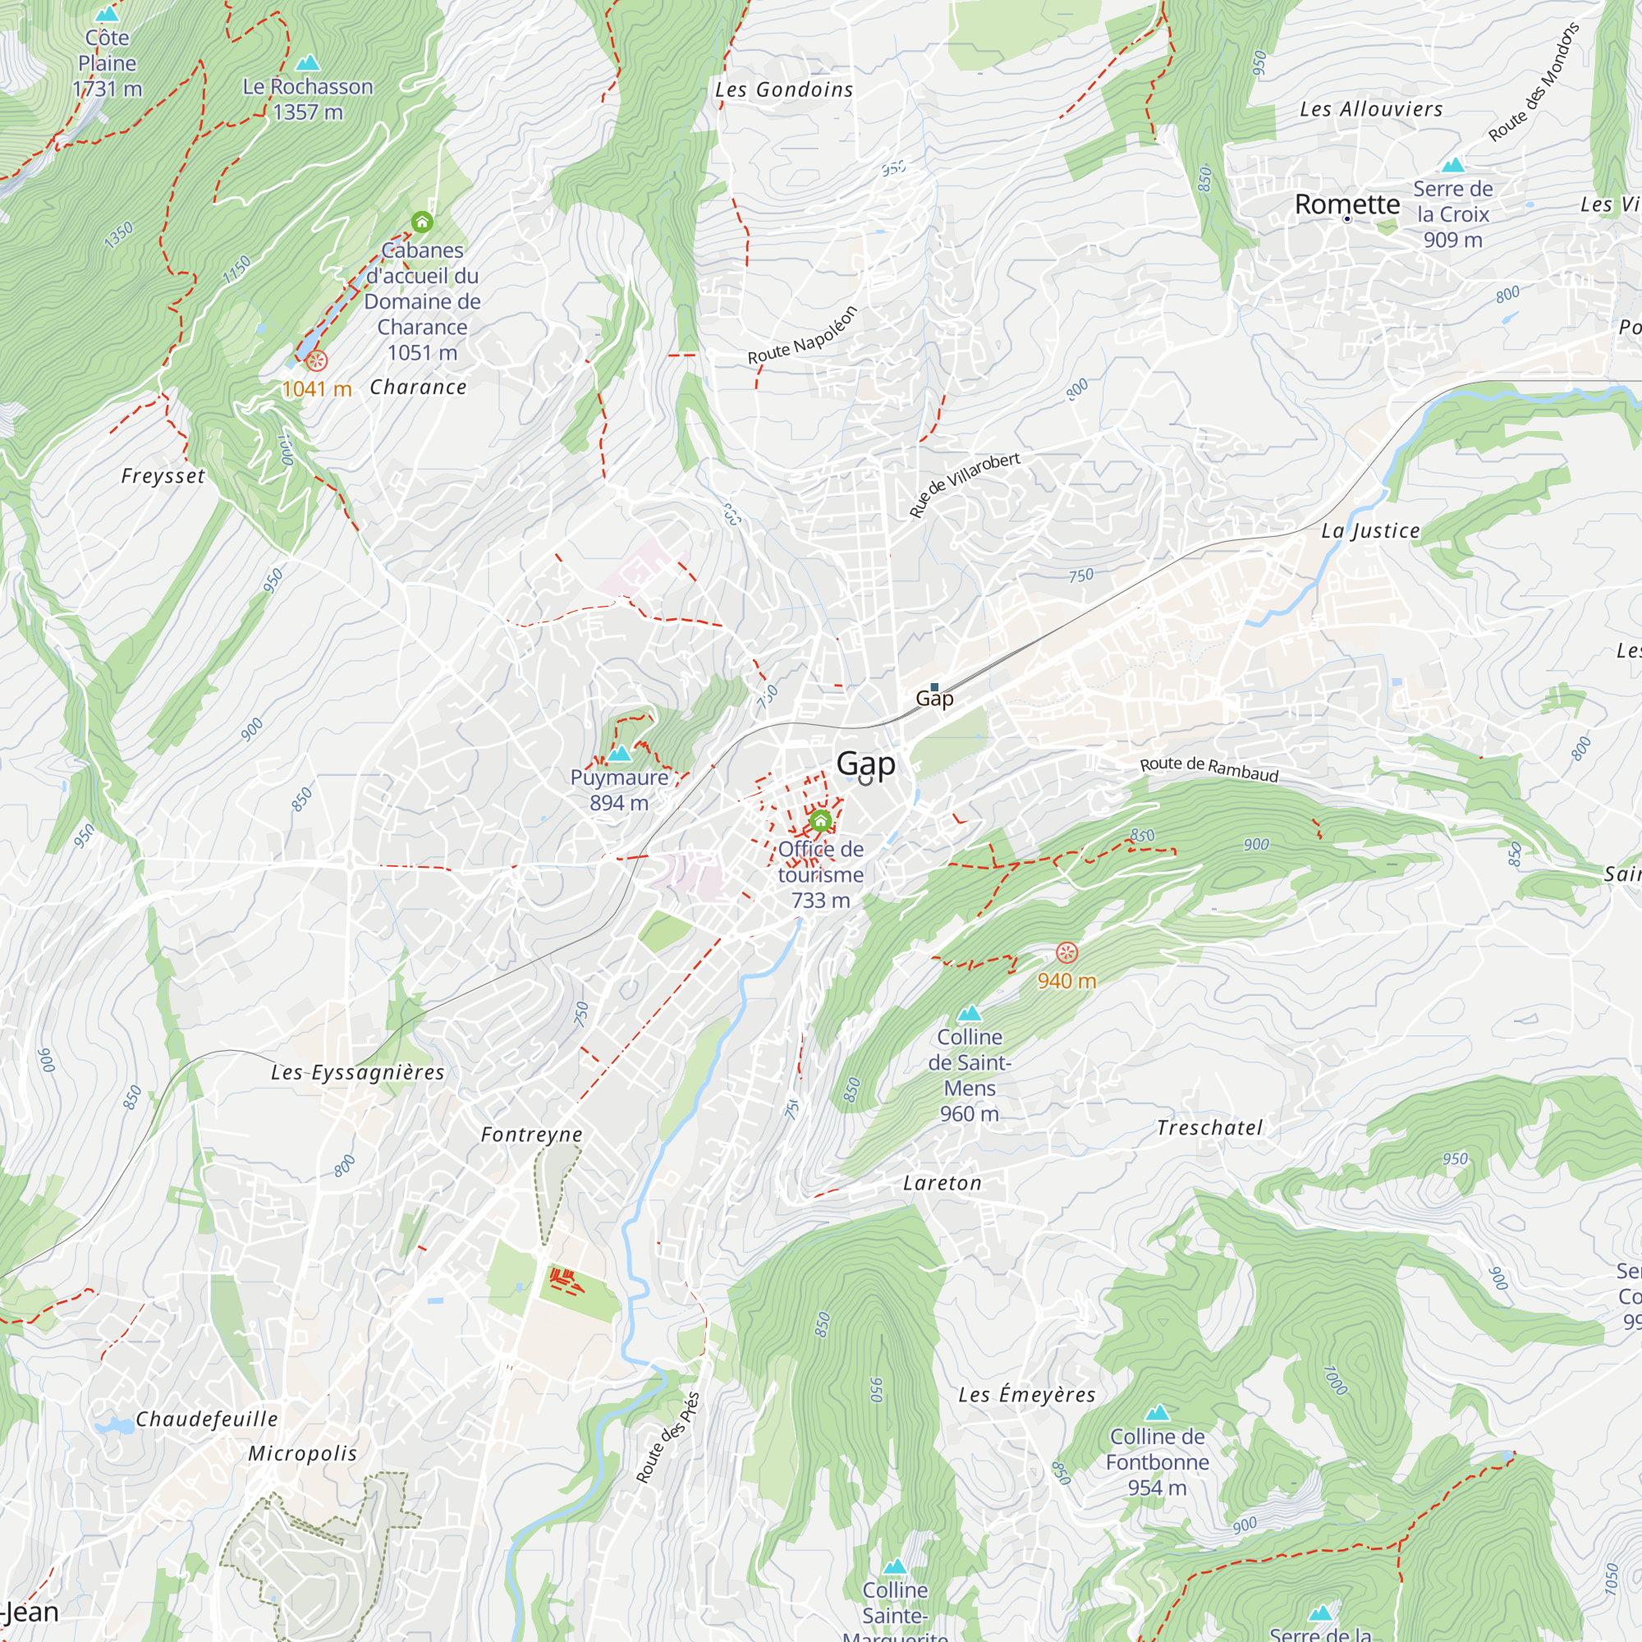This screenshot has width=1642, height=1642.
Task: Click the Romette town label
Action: (1347, 204)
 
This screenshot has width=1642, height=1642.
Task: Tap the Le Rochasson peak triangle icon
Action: (308, 63)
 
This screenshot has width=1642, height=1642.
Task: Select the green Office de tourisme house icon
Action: (820, 821)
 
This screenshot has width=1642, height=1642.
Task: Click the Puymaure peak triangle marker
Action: (620, 753)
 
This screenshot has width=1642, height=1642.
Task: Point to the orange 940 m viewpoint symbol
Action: (1066, 952)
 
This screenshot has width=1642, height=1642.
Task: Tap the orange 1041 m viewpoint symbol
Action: (316, 361)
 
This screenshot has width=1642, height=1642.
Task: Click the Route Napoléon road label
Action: (802, 337)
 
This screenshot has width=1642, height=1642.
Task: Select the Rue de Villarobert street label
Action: (964, 485)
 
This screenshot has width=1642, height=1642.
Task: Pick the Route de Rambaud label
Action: (1209, 769)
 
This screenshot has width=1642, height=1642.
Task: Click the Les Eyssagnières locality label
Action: (358, 1072)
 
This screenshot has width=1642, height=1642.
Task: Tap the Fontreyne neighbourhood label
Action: (532, 1135)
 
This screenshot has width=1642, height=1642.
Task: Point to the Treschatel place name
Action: (1209, 1128)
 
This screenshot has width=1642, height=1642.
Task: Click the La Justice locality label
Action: (1370, 531)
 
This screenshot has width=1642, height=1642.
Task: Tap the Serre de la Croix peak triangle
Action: (1453, 165)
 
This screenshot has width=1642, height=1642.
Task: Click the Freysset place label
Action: (163, 476)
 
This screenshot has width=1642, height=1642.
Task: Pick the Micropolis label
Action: (303, 1453)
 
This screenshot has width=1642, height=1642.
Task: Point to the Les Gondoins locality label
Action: (783, 90)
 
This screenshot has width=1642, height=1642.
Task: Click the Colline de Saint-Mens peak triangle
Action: (970, 1013)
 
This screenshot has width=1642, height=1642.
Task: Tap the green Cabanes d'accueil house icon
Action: (422, 222)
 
